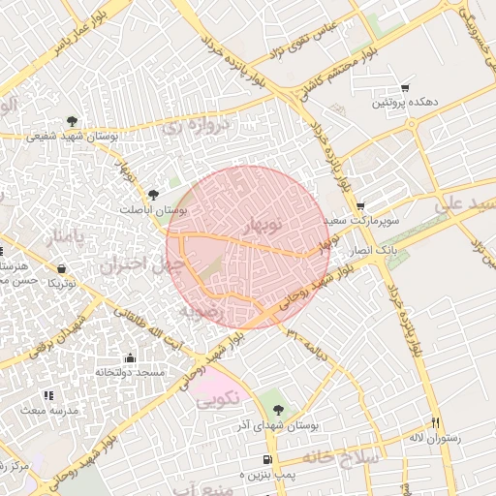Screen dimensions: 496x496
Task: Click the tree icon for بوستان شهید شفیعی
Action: click(72, 121)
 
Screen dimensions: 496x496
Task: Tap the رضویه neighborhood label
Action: click(201, 312)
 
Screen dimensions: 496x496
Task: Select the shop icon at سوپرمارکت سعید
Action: click(360, 205)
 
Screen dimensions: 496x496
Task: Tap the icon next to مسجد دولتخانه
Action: click(130, 357)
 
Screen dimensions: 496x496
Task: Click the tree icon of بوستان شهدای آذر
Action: click(279, 410)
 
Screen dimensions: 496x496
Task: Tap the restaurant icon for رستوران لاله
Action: click(435, 422)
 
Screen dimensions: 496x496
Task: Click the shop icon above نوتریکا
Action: click(62, 268)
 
